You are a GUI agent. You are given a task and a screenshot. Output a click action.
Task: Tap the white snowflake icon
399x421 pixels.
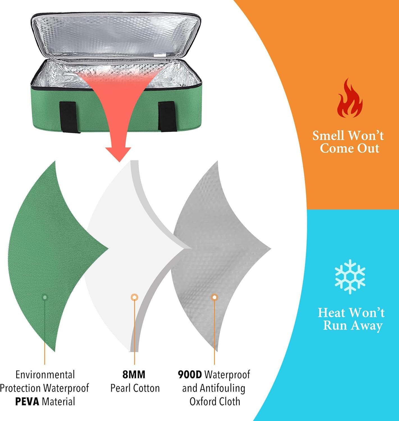pyautogui.click(x=350, y=276)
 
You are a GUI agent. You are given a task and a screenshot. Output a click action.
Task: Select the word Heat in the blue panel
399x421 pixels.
pyautogui.click(x=332, y=313)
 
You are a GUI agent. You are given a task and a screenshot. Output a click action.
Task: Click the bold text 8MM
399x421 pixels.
pyautogui.click(x=134, y=375)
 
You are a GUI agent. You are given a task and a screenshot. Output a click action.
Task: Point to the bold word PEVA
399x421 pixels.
pyautogui.click(x=27, y=402)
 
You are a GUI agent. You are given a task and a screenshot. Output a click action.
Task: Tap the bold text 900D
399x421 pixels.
pyautogui.click(x=190, y=375)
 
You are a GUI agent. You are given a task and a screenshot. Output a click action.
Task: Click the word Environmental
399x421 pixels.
pyautogui.click(x=45, y=375)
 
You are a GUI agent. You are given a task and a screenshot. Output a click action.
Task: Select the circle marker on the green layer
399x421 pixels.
pyautogui.click(x=45, y=297)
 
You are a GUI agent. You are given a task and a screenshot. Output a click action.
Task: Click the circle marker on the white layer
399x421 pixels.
pyautogui.click(x=134, y=297)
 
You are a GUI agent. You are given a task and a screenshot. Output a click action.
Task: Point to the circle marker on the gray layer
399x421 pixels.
pyautogui.click(x=215, y=297)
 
